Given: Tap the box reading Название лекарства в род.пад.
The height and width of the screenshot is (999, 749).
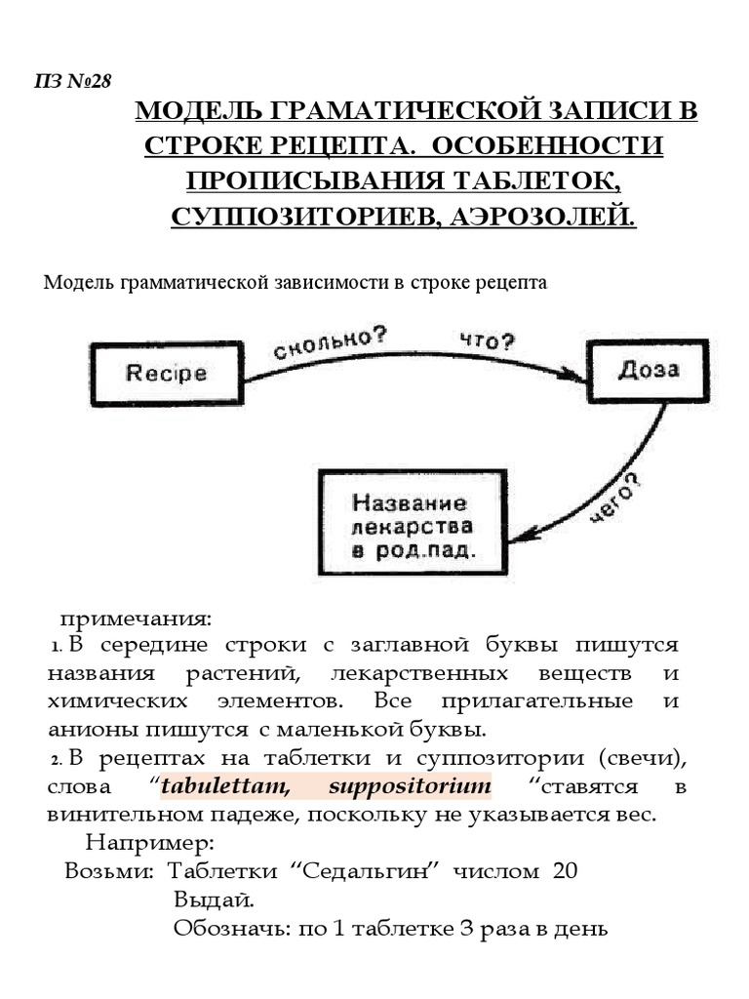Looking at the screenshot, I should coord(410,526).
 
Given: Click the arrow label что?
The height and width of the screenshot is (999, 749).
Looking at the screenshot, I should coord(487,340).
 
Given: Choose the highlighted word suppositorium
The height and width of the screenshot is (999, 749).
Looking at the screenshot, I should coord(410,786).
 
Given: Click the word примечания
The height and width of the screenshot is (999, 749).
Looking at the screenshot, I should coord(136,619).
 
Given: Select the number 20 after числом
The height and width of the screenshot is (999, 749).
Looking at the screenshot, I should coord(566,870).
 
